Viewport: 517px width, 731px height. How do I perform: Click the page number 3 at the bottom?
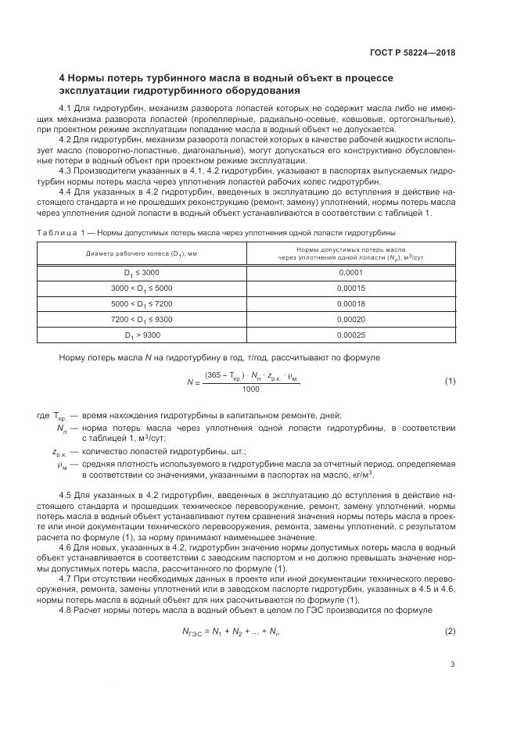click(453, 665)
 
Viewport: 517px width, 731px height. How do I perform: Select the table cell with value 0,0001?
click(350, 272)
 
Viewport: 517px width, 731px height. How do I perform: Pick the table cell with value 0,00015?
click(350, 288)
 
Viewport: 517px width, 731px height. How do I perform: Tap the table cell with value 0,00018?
click(350, 303)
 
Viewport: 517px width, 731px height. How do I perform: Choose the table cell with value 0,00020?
click(350, 319)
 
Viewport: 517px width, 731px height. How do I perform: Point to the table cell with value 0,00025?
click(350, 335)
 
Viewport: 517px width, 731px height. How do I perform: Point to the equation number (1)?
click(450, 381)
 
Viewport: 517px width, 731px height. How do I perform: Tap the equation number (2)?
click(450, 608)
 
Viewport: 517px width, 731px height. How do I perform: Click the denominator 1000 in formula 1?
click(251, 389)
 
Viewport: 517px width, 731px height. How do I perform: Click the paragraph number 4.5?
click(66, 496)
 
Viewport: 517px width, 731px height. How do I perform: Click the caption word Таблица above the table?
click(52, 232)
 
